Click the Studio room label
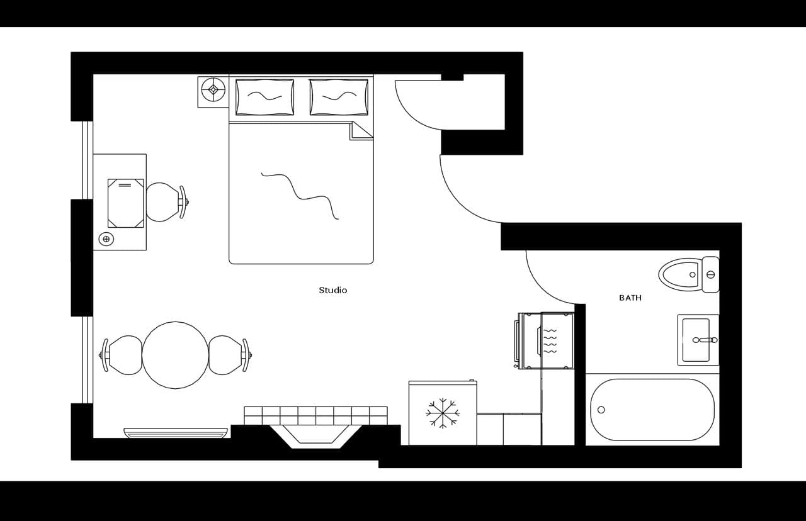[x=332, y=290]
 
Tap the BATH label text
[x=630, y=298]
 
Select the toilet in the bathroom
[x=683, y=274]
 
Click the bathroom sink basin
[x=696, y=340]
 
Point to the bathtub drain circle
[x=601, y=410]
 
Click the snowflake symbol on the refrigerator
[x=443, y=413]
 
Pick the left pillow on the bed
[x=264, y=97]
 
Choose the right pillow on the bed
[x=339, y=97]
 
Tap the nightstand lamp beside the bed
[x=213, y=89]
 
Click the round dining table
[x=175, y=355]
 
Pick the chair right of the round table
[x=227, y=355]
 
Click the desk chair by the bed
[x=164, y=202]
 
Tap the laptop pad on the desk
[x=125, y=203]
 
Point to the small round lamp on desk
[x=106, y=239]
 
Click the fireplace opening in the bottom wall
[x=315, y=435]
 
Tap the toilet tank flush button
[x=711, y=274]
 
